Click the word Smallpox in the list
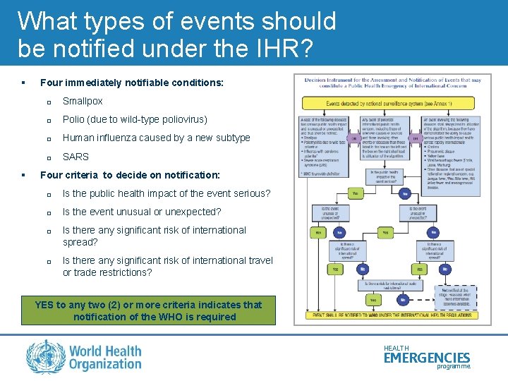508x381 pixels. tap(83, 102)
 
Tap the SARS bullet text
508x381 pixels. tap(75, 157)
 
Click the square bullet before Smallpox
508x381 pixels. tap(49, 102)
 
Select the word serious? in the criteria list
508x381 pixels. tap(249, 193)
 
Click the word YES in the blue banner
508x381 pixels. tap(44, 305)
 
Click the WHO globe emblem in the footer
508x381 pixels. tap(45, 356)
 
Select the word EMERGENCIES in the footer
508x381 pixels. tap(427, 358)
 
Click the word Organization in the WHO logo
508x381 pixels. tap(106, 364)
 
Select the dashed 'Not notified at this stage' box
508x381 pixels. tap(454, 296)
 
